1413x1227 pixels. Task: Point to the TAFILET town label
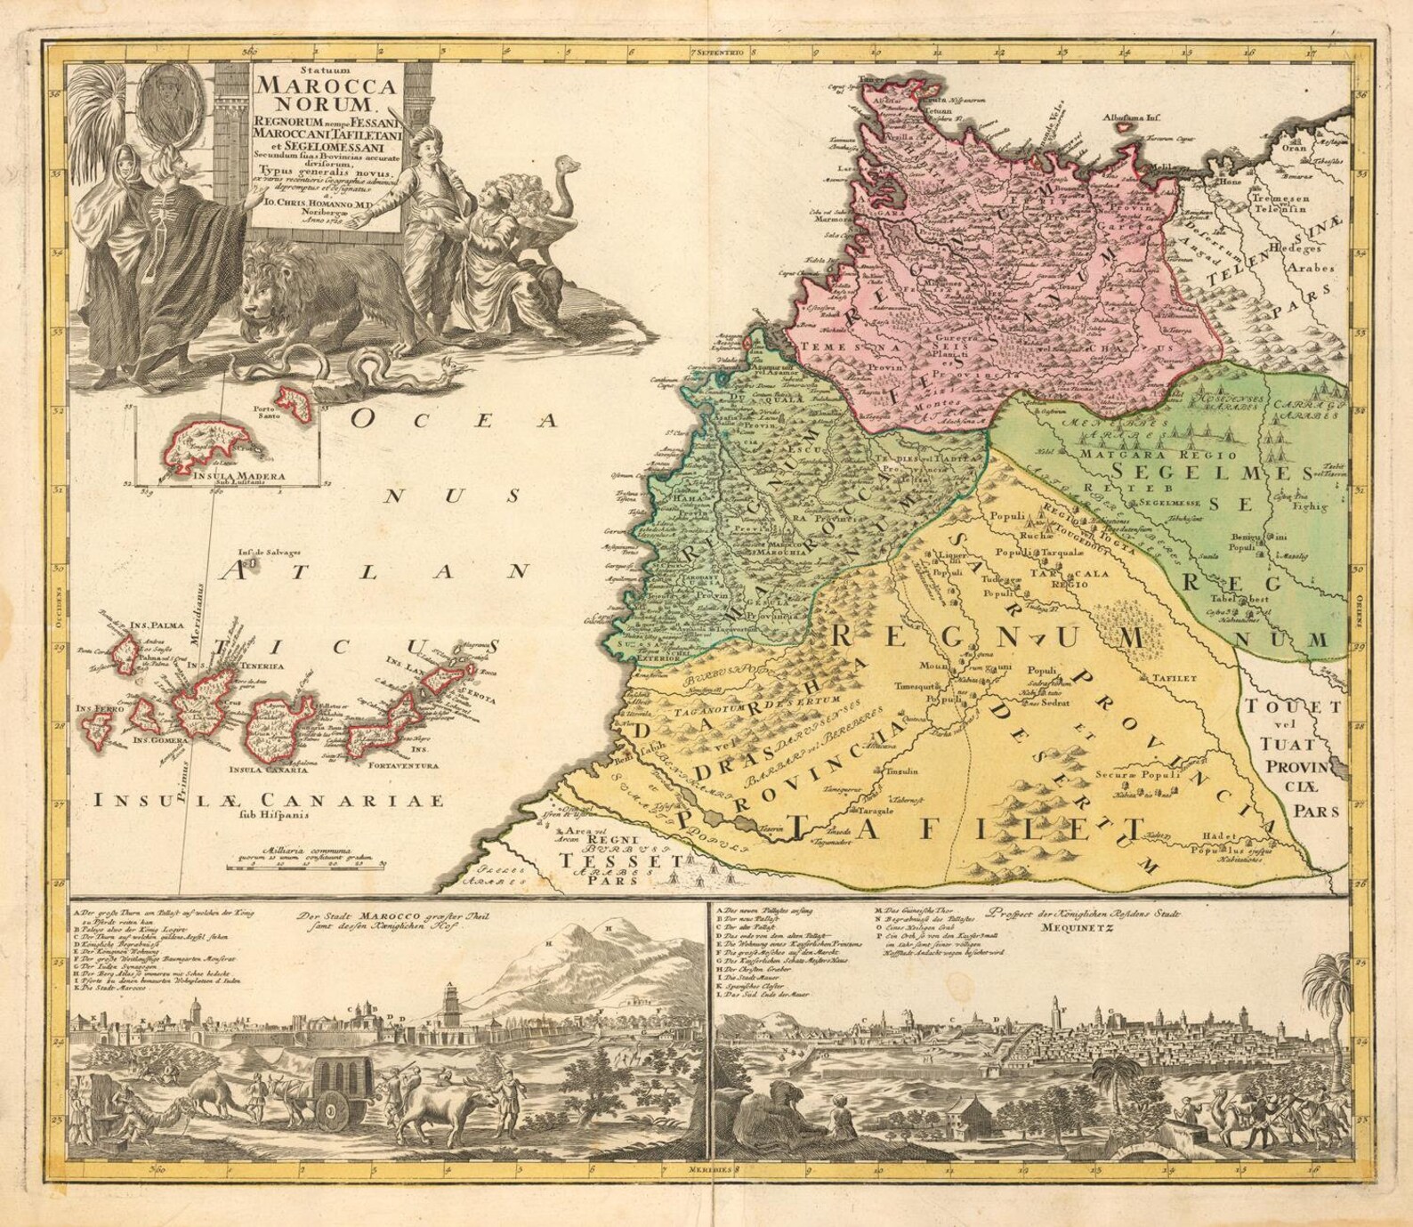click(1173, 678)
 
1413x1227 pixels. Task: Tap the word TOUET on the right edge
click(1291, 707)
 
